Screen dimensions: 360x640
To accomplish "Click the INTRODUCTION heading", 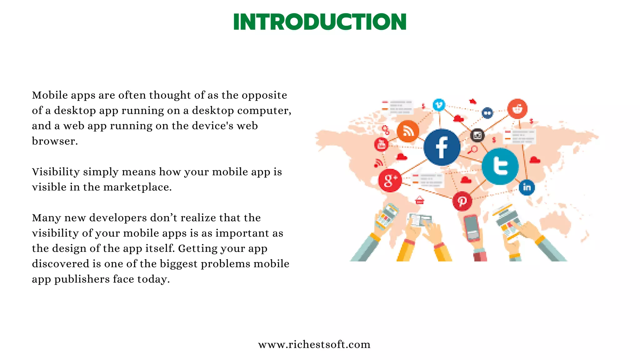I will [320, 22].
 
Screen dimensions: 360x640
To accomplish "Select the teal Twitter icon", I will [500, 166].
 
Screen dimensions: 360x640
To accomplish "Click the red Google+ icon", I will [390, 180].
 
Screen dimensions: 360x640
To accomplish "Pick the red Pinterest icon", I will [462, 201].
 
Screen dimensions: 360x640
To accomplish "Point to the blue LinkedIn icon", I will [527, 187].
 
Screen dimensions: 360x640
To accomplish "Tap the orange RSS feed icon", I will [407, 131].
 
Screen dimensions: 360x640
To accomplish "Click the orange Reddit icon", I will [517, 109].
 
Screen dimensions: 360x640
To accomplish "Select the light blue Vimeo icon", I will [439, 105].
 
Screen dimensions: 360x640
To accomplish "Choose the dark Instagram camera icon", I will [477, 135].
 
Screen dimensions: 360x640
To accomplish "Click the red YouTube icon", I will [381, 144].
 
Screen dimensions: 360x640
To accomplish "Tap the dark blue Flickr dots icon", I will [487, 113].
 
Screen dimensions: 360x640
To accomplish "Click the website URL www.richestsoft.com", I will [314, 344].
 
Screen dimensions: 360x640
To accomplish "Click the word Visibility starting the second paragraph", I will [56, 172].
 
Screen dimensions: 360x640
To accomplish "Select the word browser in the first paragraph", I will [54, 141].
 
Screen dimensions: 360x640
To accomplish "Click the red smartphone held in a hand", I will [471, 228].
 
